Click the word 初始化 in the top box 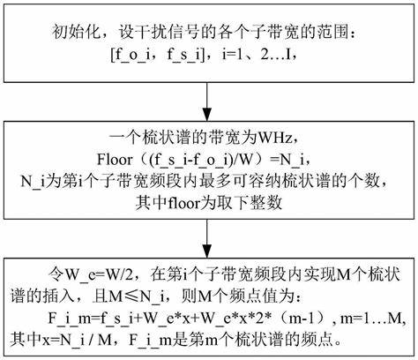click(77, 32)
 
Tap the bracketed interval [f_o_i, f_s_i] click(158, 55)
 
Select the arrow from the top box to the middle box click(207, 101)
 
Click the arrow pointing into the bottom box click(207, 238)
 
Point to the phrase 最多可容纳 click(239, 181)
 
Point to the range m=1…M click(372, 319)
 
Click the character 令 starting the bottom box click(56, 275)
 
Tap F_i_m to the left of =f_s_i click(70, 319)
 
